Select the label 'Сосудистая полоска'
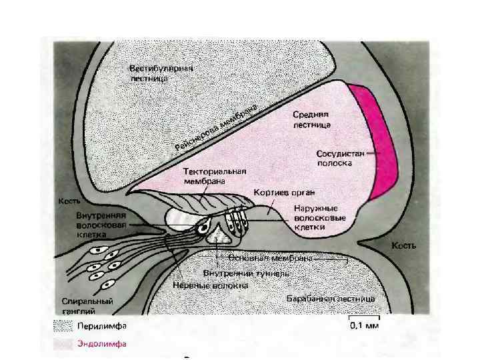339,158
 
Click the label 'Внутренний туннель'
246,273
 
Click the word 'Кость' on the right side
403,246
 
